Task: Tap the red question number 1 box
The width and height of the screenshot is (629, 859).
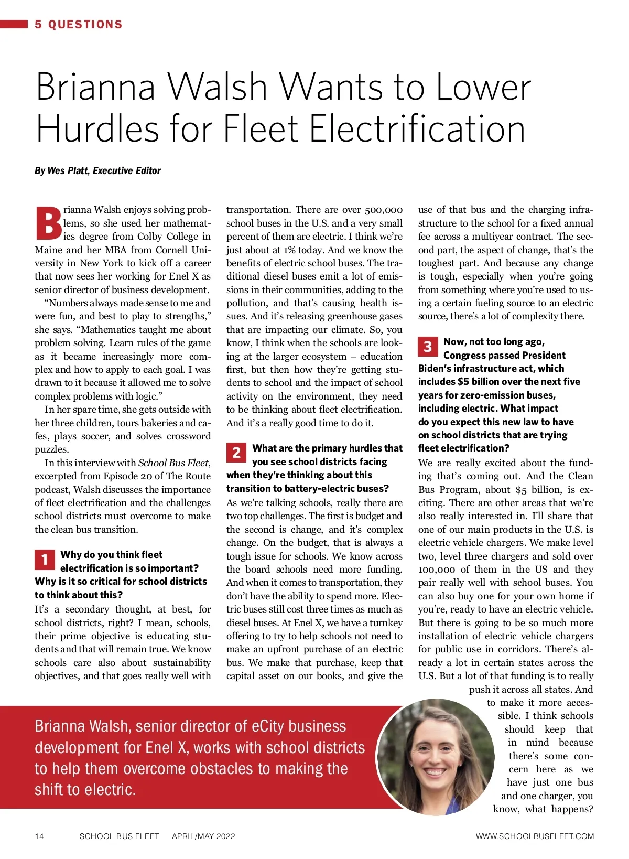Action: [45, 560]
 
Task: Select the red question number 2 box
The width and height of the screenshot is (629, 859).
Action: [236, 453]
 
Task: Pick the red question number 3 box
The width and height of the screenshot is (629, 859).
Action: [428, 346]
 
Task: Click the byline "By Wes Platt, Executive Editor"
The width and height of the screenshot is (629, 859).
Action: [97, 170]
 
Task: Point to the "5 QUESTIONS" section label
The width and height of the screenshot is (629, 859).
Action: [79, 24]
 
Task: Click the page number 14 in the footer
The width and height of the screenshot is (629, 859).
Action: [39, 836]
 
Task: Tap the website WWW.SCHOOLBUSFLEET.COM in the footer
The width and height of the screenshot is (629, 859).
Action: [535, 836]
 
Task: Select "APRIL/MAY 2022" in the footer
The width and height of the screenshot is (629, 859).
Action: [203, 836]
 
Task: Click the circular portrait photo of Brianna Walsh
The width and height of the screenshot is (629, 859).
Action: [436, 757]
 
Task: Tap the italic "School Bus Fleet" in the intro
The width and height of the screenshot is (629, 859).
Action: [173, 463]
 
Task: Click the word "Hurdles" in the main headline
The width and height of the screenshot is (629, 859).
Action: [98, 129]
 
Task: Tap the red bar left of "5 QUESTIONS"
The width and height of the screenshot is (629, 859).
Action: [14, 24]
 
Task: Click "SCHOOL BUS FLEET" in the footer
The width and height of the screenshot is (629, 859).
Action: [119, 836]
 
